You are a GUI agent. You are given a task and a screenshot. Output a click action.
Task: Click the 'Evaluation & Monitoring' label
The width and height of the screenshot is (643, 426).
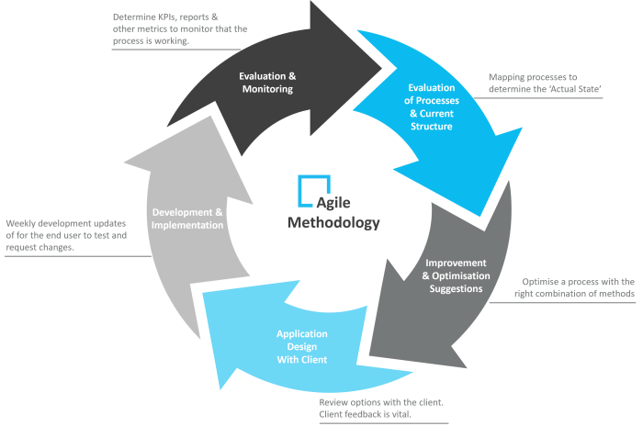point(266,83)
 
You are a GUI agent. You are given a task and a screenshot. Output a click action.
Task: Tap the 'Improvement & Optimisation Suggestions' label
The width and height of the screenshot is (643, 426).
point(456,275)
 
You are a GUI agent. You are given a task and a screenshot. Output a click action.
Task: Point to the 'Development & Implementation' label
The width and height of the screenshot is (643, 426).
point(187,219)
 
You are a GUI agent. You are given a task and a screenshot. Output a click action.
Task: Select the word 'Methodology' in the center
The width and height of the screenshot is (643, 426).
point(333,223)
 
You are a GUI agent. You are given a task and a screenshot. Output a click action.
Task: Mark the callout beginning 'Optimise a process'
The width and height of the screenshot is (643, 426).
point(577,287)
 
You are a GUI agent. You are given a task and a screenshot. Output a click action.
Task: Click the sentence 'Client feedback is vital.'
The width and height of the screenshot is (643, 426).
point(367,415)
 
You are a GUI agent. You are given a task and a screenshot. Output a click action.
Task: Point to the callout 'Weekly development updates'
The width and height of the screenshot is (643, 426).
point(66,235)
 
